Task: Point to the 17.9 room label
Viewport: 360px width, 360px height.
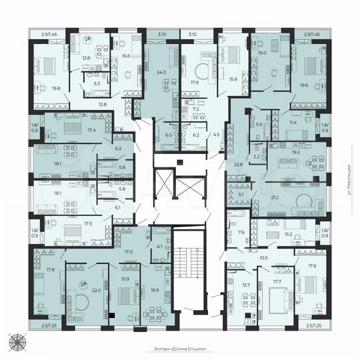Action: pos(195,83)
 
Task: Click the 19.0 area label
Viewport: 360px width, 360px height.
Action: pos(262,52)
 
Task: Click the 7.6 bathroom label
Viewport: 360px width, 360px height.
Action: pos(241,232)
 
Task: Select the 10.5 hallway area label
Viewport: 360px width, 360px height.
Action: pos(263,257)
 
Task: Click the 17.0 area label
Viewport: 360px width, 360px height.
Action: pos(129,252)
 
